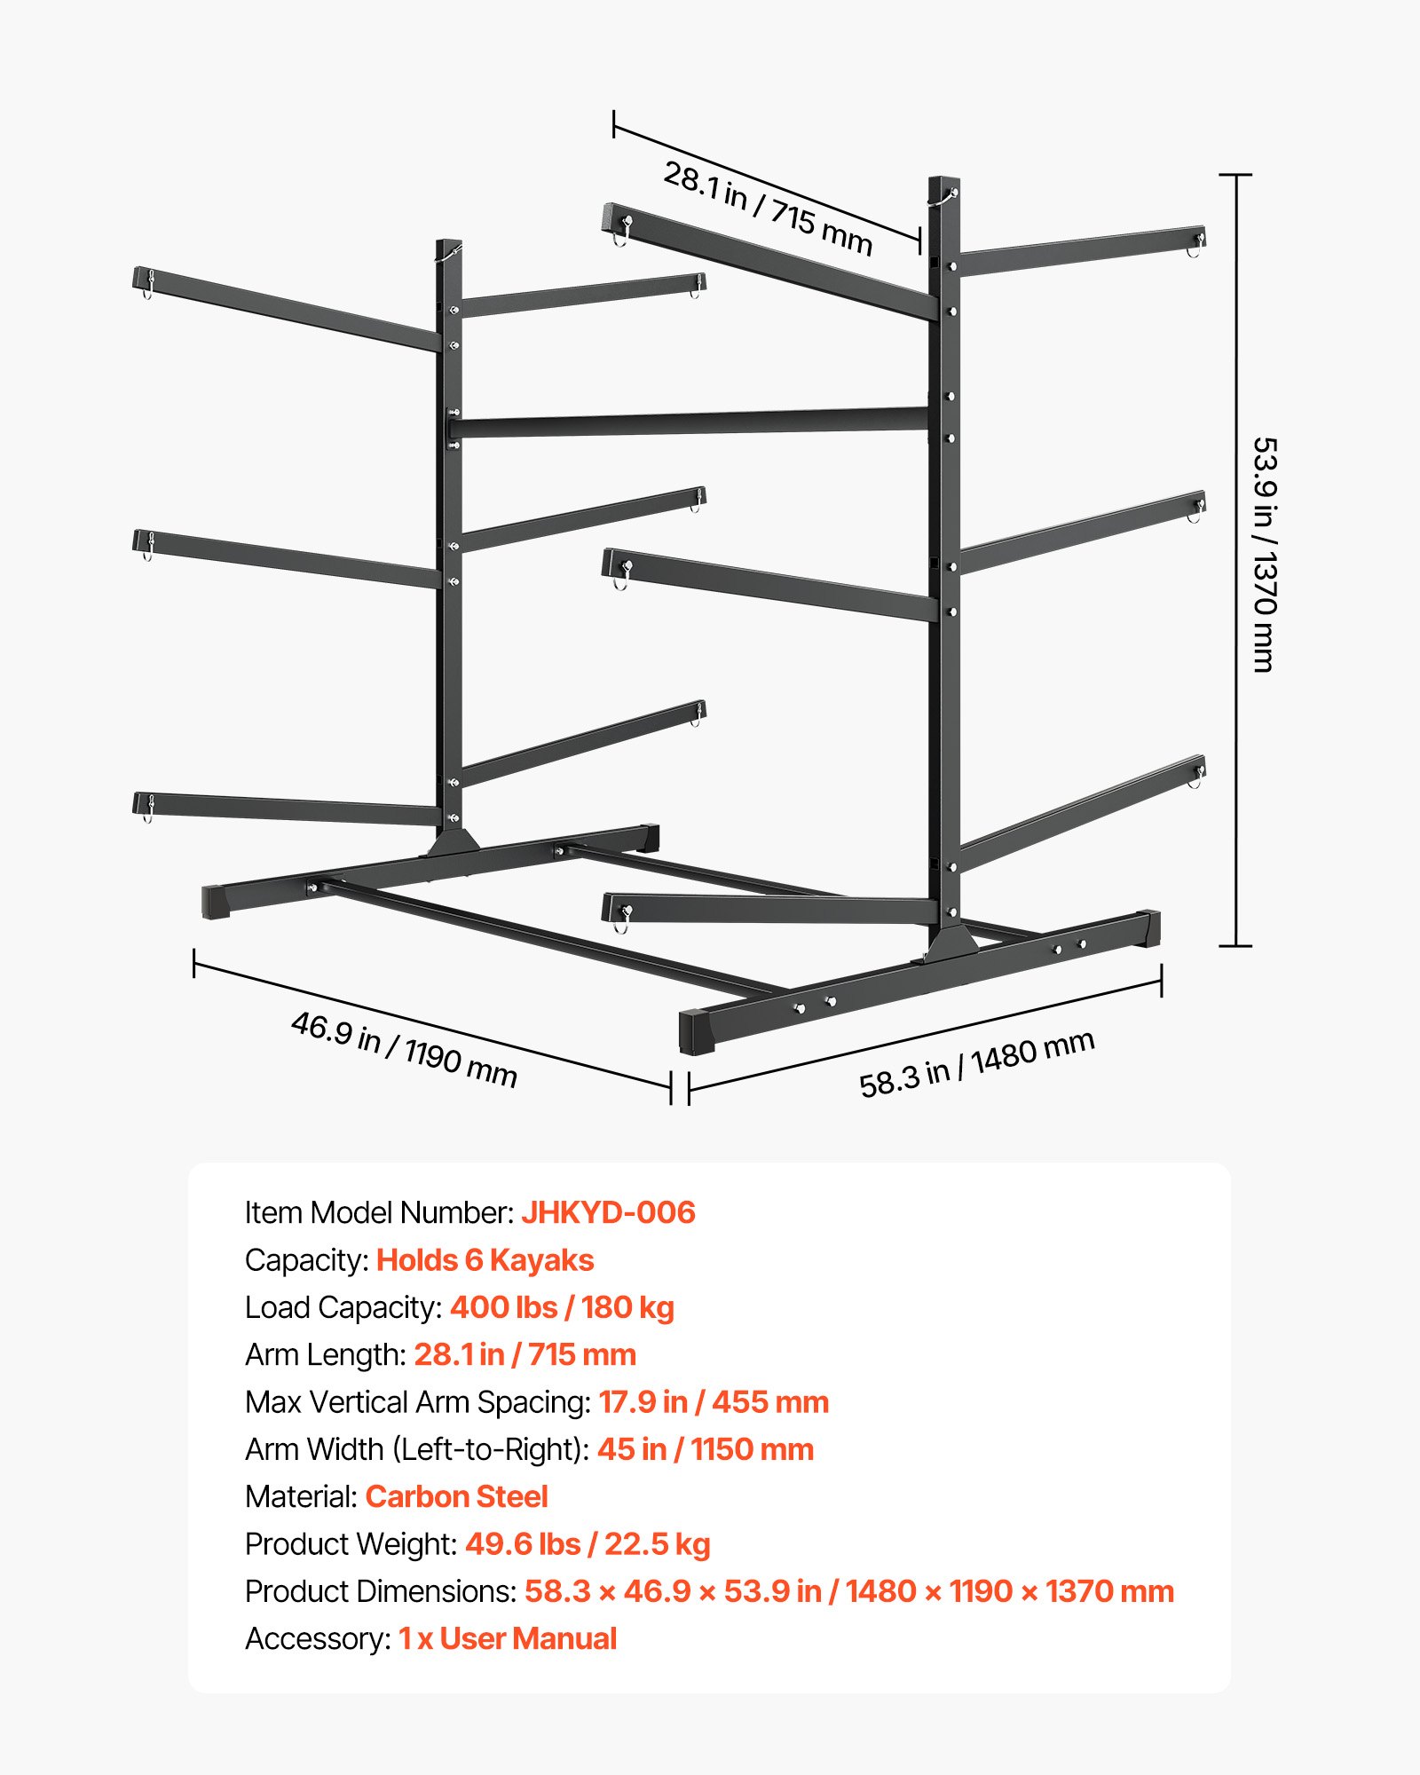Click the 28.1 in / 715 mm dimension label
768,208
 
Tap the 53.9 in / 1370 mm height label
1264,555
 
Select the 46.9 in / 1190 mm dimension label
404,1049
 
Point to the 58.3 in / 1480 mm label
976,1064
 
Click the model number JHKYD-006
608,1212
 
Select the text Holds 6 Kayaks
485,1260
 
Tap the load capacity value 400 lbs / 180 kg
562,1307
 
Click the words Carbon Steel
456,1496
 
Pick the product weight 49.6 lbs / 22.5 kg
588,1544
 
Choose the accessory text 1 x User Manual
507,1638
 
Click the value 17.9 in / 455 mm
714,1402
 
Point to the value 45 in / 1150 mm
705,1449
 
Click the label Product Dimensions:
381,1591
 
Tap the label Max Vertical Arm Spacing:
418,1402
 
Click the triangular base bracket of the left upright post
453,843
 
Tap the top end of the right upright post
943,183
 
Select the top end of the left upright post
449,245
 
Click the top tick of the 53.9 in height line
1235,176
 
